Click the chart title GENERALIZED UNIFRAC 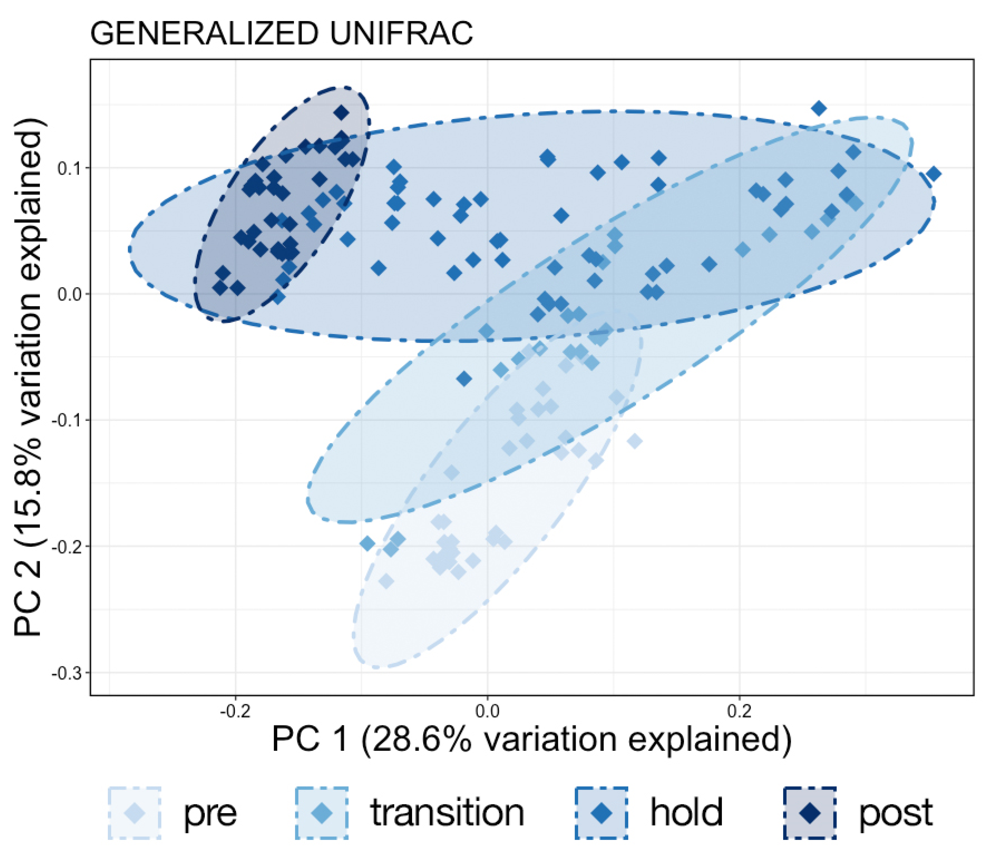pos(281,34)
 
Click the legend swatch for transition pos(321,813)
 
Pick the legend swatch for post pos(810,813)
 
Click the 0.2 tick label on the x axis pos(739,712)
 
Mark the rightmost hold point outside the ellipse pos(934,174)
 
